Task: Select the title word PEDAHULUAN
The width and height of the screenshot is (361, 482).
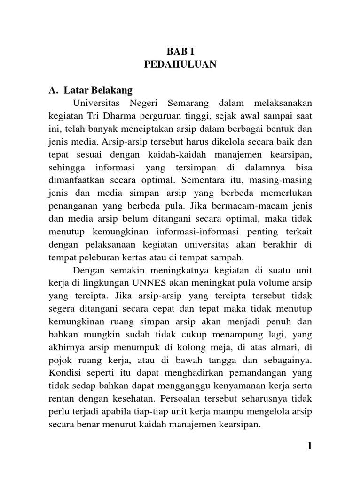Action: [x=180, y=65]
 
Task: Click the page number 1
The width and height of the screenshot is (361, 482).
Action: [x=309, y=446]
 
